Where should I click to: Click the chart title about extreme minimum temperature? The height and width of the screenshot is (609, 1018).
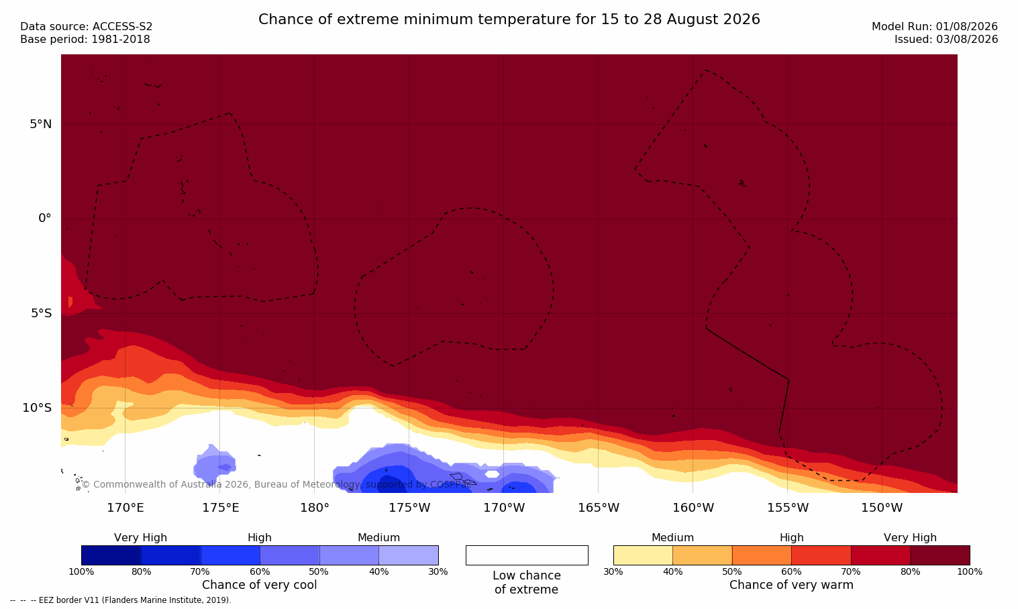pos(509,19)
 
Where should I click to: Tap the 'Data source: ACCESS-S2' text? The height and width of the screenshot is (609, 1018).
pos(87,27)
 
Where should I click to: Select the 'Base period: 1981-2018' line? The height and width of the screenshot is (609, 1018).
pos(85,40)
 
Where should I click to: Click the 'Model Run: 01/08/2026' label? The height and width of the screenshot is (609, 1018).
pos(934,27)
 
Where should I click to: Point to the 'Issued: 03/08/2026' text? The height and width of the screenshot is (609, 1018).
pos(946,40)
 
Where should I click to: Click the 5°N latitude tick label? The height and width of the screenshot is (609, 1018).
pos(41,124)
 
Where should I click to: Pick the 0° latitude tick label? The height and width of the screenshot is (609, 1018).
pos(44,219)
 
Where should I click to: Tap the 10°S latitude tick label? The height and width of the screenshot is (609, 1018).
pos(38,408)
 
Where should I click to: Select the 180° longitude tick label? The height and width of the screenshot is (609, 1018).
pos(315,508)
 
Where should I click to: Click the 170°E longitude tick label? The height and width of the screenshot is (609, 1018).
pos(125,508)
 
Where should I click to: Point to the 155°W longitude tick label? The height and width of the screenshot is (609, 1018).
pos(788,508)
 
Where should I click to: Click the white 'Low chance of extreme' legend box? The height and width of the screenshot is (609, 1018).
pos(527,555)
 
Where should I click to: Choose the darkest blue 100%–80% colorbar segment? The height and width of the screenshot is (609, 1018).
pos(111,555)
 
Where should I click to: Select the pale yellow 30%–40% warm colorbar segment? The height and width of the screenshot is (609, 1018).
pos(643,555)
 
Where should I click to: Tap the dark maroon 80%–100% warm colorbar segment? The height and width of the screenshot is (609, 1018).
pos(940,555)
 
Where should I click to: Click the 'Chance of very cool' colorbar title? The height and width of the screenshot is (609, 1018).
pos(260,585)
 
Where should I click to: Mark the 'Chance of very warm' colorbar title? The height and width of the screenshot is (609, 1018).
pos(791,585)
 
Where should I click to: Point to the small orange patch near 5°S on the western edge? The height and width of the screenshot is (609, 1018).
pos(70,302)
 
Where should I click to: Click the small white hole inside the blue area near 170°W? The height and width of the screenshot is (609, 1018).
pos(492,474)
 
